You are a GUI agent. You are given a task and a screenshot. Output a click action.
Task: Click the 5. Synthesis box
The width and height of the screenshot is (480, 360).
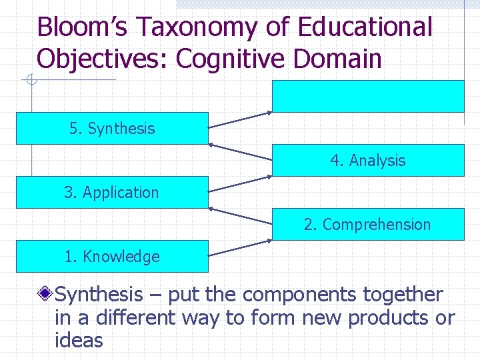click(x=112, y=128)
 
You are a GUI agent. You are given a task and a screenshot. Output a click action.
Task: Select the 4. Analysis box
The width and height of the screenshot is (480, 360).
click(x=368, y=160)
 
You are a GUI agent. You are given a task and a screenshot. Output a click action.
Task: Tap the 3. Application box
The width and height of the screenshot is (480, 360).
click(x=112, y=192)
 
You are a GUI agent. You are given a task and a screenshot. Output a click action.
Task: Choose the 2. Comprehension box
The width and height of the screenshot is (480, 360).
click(x=368, y=224)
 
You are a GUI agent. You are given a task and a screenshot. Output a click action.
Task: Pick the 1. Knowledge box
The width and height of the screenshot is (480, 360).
click(x=112, y=256)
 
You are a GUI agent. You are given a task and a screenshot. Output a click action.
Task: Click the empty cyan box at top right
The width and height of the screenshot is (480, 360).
click(x=368, y=96)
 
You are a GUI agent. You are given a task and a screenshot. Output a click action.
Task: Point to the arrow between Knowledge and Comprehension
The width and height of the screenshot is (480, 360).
click(x=241, y=247)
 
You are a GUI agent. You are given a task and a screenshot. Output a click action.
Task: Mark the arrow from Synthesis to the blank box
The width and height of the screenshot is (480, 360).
click(x=241, y=119)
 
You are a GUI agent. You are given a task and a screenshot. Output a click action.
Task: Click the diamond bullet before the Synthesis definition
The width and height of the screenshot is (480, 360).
click(x=46, y=293)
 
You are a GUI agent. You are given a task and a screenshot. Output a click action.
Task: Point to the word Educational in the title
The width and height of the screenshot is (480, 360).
click(x=365, y=27)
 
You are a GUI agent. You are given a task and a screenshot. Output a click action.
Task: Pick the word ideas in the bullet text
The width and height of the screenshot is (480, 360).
click(x=79, y=341)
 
